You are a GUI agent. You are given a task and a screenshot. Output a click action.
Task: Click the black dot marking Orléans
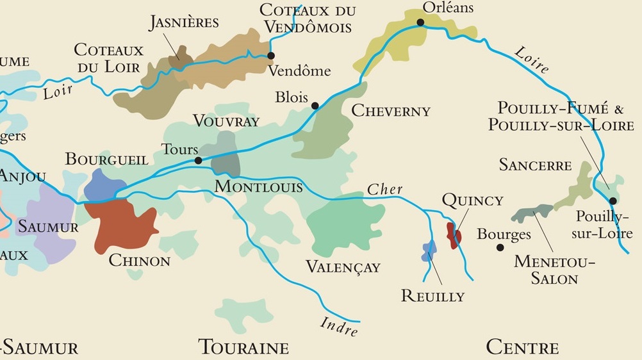[420, 22]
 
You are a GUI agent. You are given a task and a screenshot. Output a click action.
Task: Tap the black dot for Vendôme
[271, 56]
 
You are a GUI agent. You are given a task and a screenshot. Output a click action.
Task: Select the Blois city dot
[315, 106]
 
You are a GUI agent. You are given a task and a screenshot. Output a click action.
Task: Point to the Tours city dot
[198, 160]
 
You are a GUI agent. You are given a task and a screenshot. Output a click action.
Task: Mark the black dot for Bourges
[500, 247]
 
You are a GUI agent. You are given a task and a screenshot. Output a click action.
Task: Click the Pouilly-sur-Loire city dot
[613, 200]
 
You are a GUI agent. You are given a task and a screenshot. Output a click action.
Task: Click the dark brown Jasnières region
[180, 58]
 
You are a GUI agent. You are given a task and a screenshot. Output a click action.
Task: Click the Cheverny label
[391, 111]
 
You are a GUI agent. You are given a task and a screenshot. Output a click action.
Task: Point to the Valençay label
[343, 266]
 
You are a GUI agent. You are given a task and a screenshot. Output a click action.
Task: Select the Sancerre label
[535, 165]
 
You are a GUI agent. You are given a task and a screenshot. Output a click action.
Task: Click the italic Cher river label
[384, 189]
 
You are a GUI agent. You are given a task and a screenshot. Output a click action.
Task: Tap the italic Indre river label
[338, 326]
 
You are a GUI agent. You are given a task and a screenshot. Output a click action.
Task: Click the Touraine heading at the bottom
[244, 347]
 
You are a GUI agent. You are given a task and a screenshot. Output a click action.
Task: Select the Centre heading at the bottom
[522, 347]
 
